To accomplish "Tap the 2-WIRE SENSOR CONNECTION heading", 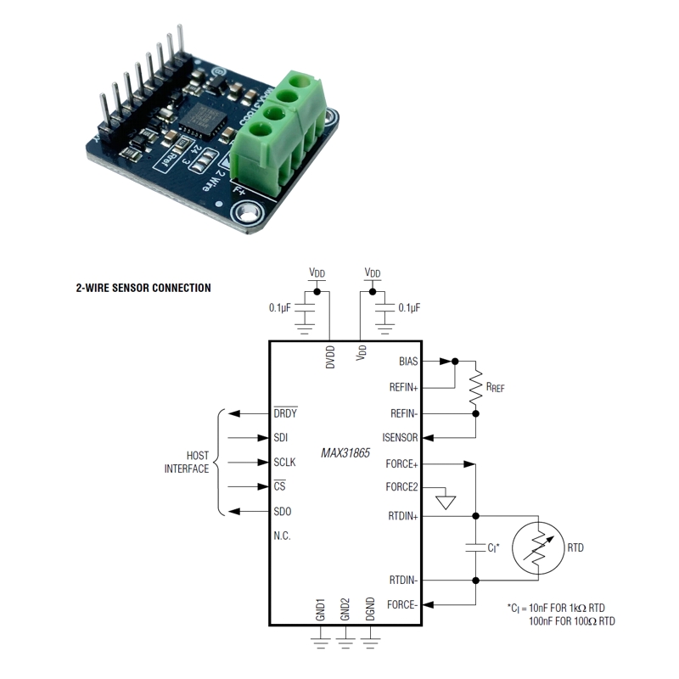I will click(x=143, y=288).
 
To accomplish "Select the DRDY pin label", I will click(x=286, y=413).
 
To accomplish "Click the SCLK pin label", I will click(x=285, y=463).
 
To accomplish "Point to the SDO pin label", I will click(x=283, y=512).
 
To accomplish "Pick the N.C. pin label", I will click(x=283, y=536).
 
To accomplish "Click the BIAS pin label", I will click(x=408, y=361).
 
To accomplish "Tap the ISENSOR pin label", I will click(x=401, y=438).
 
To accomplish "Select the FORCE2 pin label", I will click(x=401, y=487).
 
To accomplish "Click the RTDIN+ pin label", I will click(x=403, y=515).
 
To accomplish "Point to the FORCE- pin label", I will click(x=402, y=604).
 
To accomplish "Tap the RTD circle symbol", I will click(x=539, y=547).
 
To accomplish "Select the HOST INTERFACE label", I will click(x=186, y=463).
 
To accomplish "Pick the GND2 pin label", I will click(x=345, y=609).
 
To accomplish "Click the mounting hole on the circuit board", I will click(x=247, y=213).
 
